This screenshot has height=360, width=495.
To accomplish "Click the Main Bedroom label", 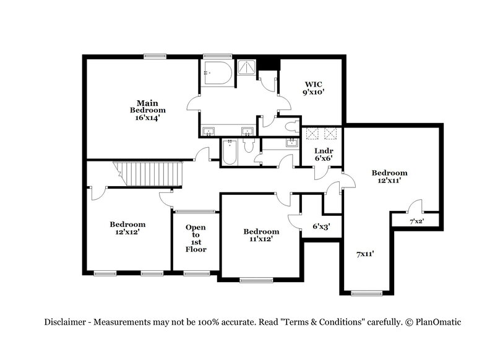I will (x=148, y=109).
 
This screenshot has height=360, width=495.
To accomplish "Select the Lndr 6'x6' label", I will (x=324, y=154).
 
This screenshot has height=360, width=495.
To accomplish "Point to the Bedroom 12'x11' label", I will (x=389, y=176).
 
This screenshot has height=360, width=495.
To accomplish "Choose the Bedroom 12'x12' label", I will (x=127, y=228).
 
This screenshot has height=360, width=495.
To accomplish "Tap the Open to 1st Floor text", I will (x=196, y=238).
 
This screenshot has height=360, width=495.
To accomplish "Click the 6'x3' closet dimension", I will (x=321, y=226).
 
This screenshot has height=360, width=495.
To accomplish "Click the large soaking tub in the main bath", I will (x=217, y=74).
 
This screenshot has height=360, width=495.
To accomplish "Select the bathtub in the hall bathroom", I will (x=229, y=152).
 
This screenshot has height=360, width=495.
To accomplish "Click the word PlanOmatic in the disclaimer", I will (x=437, y=322).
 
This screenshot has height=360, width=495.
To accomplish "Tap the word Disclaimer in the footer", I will (x=65, y=322).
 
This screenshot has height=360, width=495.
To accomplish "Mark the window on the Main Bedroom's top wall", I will (x=155, y=56).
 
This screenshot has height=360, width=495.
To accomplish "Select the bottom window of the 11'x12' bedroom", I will (x=256, y=280).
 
